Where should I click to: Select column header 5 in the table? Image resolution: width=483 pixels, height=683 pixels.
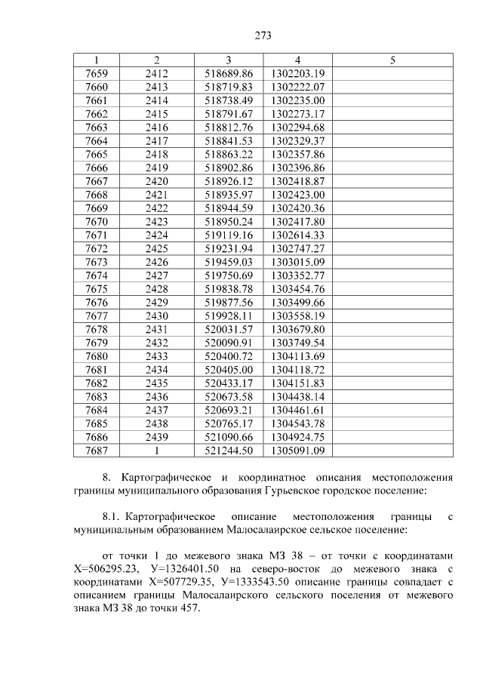[x=392, y=60]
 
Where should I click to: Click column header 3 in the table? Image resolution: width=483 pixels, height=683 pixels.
[x=229, y=60]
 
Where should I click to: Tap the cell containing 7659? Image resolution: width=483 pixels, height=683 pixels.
[x=97, y=73]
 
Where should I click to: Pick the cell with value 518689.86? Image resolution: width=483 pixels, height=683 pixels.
[x=229, y=73]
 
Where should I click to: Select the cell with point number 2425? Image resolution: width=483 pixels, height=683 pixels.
[x=156, y=248]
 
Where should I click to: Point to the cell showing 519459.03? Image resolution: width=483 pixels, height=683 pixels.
[x=229, y=262]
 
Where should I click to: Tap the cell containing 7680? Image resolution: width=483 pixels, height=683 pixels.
[x=97, y=356]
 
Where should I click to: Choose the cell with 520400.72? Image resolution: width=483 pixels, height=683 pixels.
[x=229, y=356]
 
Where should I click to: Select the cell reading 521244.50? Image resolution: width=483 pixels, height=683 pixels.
[x=229, y=451]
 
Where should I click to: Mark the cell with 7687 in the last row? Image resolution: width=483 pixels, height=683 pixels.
[x=97, y=451]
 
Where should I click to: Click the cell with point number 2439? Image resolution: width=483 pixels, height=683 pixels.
[x=156, y=437]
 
